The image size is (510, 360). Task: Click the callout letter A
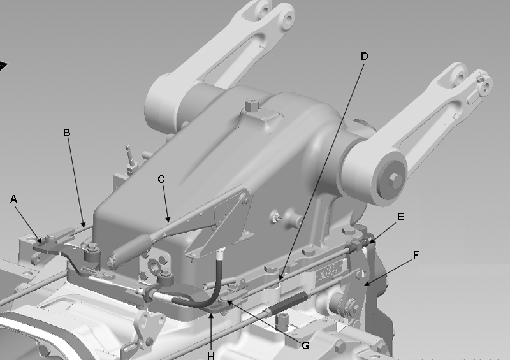(x=13, y=199)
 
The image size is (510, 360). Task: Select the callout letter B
(x=66, y=133)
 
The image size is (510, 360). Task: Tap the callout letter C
(x=161, y=179)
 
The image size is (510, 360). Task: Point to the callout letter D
(x=364, y=56)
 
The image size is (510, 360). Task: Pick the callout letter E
(x=400, y=217)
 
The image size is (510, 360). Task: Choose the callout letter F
(x=416, y=256)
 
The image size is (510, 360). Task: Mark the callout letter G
(x=305, y=345)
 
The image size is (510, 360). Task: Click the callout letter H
(x=211, y=356)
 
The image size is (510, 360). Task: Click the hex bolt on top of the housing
(x=252, y=105)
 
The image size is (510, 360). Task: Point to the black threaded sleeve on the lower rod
(x=287, y=303)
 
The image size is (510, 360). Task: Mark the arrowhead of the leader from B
(x=84, y=224)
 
